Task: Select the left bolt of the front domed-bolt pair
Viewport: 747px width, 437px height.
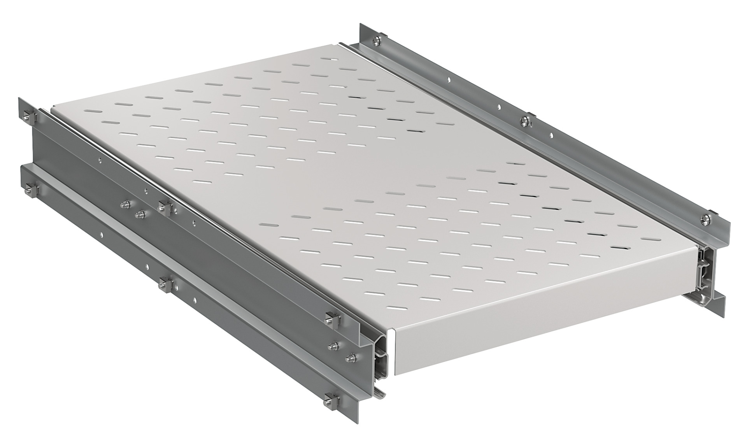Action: [x=334, y=345]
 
